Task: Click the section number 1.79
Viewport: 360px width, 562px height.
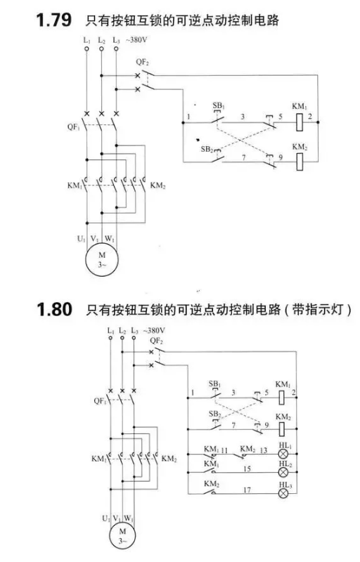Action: [54, 20]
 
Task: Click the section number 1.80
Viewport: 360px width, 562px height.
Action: [55, 309]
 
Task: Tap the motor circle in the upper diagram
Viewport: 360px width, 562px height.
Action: [102, 260]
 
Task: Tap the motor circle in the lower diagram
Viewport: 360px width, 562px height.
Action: [122, 535]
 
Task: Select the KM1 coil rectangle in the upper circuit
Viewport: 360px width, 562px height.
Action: [300, 122]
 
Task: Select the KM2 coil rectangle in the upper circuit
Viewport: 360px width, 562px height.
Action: [300, 162]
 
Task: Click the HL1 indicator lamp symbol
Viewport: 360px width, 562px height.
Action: [283, 454]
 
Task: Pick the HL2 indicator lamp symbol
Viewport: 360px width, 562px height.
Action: [283, 472]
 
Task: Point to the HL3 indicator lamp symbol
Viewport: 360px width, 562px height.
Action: [283, 494]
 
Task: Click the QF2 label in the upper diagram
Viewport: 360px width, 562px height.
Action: [142, 62]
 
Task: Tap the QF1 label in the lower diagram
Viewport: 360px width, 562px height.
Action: [101, 400]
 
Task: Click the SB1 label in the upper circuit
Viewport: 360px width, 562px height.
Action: [219, 106]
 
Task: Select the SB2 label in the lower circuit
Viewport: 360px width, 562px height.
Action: [214, 414]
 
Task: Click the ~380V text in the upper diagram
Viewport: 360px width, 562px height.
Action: [136, 40]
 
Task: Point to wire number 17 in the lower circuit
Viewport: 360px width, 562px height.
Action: [247, 490]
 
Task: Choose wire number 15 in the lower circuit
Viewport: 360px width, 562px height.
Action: [247, 469]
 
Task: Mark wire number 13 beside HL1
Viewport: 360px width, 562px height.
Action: [264, 450]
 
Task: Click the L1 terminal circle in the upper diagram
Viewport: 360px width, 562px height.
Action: [86, 48]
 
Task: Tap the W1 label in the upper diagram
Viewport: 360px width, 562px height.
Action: [110, 239]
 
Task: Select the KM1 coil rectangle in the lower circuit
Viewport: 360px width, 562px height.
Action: [282, 398]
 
